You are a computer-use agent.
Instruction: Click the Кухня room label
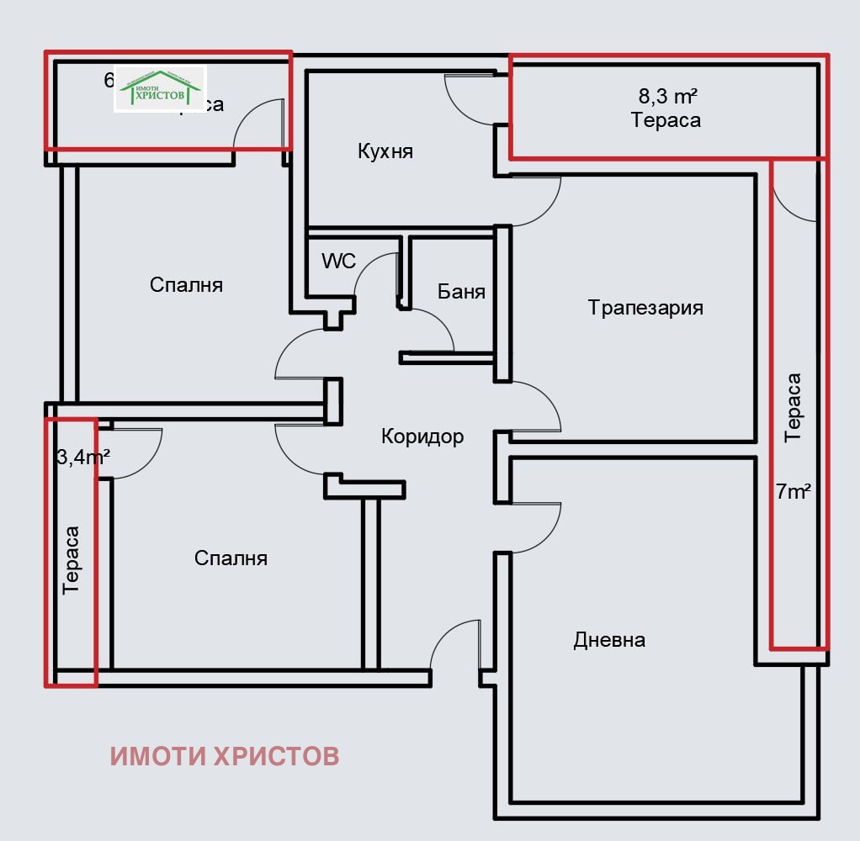[x=385, y=151]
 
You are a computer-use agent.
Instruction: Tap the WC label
[x=338, y=261]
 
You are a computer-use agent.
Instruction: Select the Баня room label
[x=461, y=292]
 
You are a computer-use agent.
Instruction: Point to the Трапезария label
[x=645, y=307]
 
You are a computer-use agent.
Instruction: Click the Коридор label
[x=422, y=436]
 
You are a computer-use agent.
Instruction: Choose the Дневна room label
[x=609, y=640]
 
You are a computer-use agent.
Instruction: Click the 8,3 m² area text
[x=667, y=95]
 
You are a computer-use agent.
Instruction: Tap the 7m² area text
[x=793, y=492]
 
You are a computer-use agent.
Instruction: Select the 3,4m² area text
[x=83, y=458]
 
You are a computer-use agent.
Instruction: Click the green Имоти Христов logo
[x=160, y=88]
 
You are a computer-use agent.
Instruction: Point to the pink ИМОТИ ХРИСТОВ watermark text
[x=225, y=756]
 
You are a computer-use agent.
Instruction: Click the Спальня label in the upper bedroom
[x=186, y=284]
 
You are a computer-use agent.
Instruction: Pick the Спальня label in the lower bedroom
[x=231, y=558]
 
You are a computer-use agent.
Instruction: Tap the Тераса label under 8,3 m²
[x=666, y=120]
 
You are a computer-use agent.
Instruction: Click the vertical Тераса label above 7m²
[x=793, y=408]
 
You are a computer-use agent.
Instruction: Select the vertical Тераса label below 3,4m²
[x=72, y=560]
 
